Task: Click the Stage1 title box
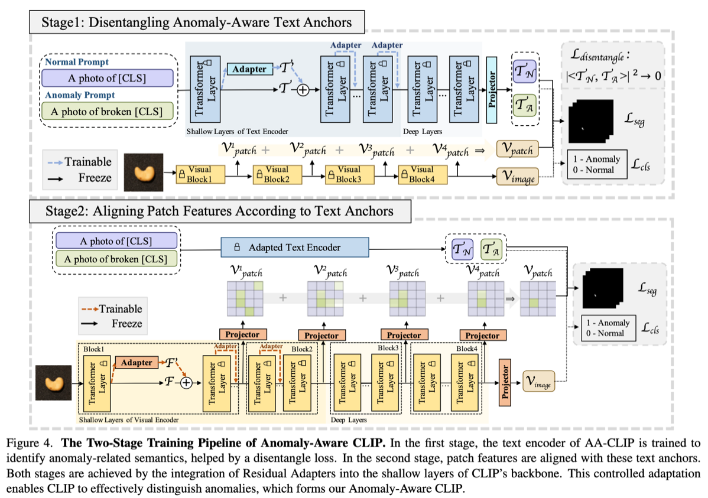tap(197, 22)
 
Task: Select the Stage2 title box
tap(220, 211)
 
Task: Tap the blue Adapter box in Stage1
tap(250, 69)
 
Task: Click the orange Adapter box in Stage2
tap(137, 363)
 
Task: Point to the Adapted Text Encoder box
tap(295, 248)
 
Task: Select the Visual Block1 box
tap(200, 174)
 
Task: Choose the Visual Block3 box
tap(349, 174)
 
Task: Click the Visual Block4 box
tap(423, 174)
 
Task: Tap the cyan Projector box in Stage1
tap(492, 90)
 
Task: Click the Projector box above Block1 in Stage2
tap(242, 334)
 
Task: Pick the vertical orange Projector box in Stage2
tap(505, 382)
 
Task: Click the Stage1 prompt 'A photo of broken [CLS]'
tap(107, 112)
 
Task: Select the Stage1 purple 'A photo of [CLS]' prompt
tap(107, 78)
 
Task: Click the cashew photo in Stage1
tap(144, 172)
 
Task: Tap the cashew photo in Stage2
tap(54, 383)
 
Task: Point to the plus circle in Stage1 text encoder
tap(303, 90)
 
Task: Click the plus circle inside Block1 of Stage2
tap(186, 383)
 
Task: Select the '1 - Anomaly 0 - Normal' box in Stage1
tap(597, 164)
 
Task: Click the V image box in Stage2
tap(538, 382)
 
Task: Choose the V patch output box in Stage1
tap(518, 149)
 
